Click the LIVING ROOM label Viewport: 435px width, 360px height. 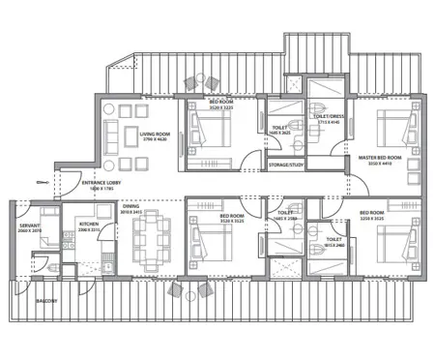click(x=154, y=135)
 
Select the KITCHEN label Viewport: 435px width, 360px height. click(x=89, y=223)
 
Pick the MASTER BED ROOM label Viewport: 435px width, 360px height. click(x=378, y=157)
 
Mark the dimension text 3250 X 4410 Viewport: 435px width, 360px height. click(x=378, y=164)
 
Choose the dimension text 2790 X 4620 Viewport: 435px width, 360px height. click(x=154, y=141)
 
